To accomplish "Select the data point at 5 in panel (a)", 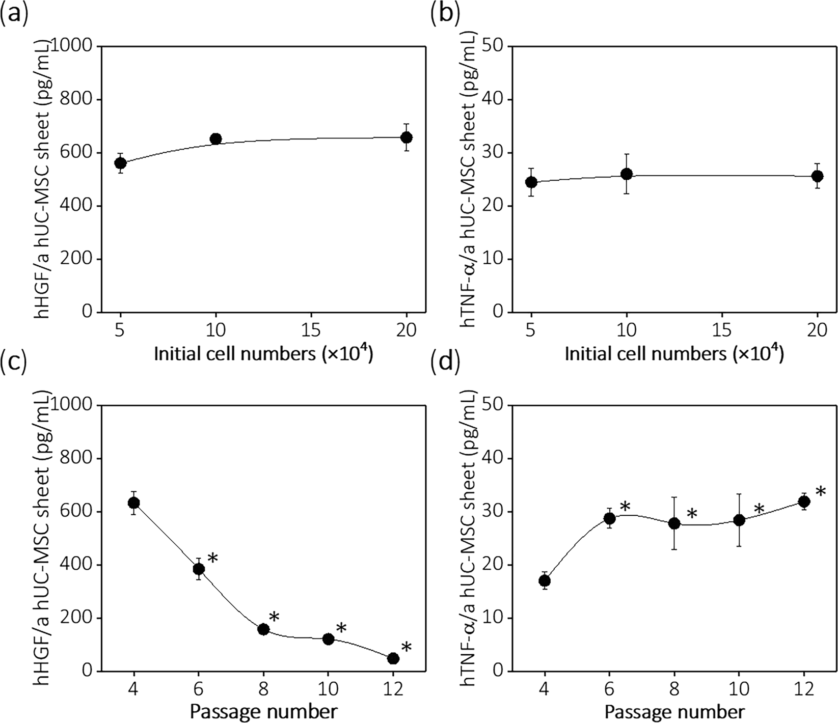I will click(x=120, y=163).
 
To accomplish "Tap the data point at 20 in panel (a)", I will click(x=407, y=137).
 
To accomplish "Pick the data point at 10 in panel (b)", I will click(x=627, y=174).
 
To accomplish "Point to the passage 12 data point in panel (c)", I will click(x=393, y=658).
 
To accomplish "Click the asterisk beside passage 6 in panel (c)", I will click(x=212, y=559).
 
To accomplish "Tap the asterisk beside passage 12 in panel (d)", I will click(x=820, y=492).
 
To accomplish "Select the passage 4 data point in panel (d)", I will click(x=545, y=580).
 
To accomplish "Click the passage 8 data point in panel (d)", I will click(x=674, y=523).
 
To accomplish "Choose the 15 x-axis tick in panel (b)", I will click(x=722, y=330).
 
